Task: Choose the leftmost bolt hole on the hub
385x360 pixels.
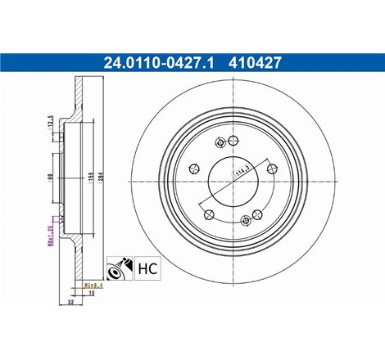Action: point(192,169)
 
